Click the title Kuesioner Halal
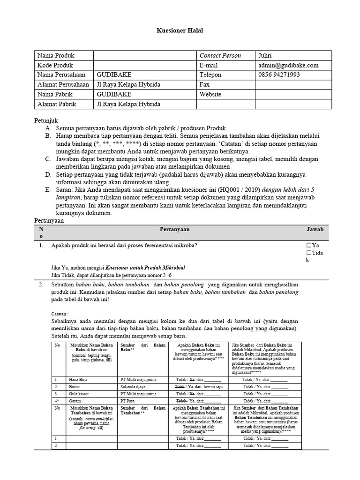180,30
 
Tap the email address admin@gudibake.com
288,65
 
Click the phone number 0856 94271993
279,75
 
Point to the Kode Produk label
55,65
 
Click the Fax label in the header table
204,85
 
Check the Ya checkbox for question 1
308,245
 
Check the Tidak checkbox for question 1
308,254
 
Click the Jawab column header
315,228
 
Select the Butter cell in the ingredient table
75,386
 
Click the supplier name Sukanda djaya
135,386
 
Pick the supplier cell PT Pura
127,401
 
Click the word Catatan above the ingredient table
60,313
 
